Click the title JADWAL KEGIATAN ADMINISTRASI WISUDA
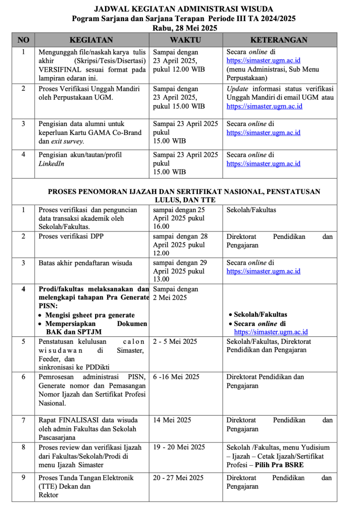point(183,9)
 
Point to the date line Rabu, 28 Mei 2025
point(183,28)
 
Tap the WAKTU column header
point(186,40)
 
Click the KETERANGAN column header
point(279,40)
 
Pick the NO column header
point(23,40)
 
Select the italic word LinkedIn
point(52,163)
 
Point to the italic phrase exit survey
point(68,141)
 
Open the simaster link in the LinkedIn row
point(263,163)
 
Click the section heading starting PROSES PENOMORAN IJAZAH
point(184,192)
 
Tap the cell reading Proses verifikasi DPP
point(71,237)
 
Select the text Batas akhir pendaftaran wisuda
point(85,263)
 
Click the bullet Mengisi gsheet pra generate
point(90,315)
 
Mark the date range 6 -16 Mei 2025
point(176,377)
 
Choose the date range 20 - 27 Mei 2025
point(178,478)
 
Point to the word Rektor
point(48,495)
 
